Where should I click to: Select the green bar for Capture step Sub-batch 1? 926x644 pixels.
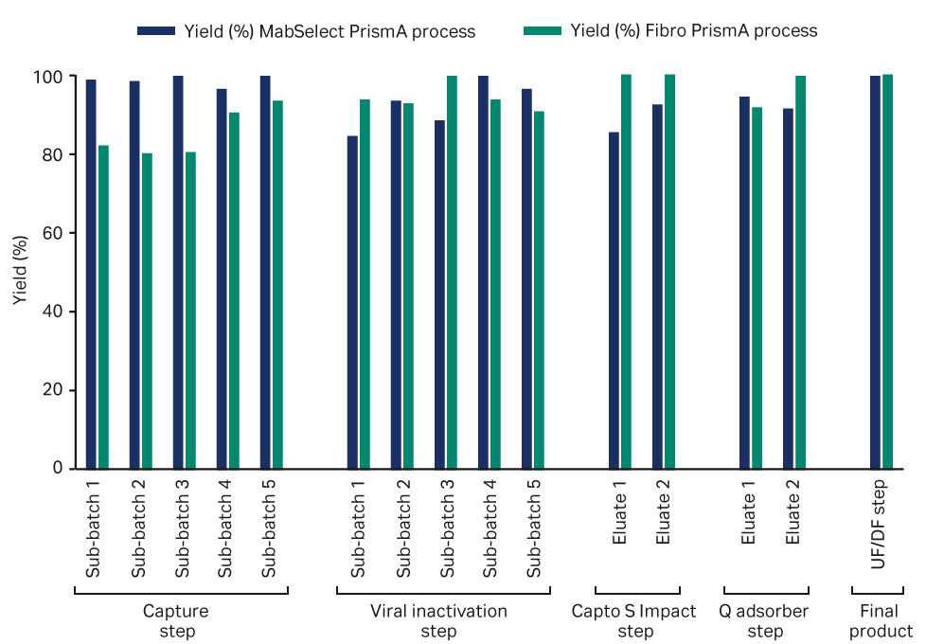[103, 307]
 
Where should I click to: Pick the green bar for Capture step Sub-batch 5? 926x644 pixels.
[277, 284]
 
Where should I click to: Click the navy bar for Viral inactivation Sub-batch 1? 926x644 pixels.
[352, 302]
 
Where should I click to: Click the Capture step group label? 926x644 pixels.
[176, 621]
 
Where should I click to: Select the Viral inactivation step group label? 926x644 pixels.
[438, 621]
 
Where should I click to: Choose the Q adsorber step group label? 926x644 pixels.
[765, 621]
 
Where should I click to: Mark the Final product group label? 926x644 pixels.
[881, 621]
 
